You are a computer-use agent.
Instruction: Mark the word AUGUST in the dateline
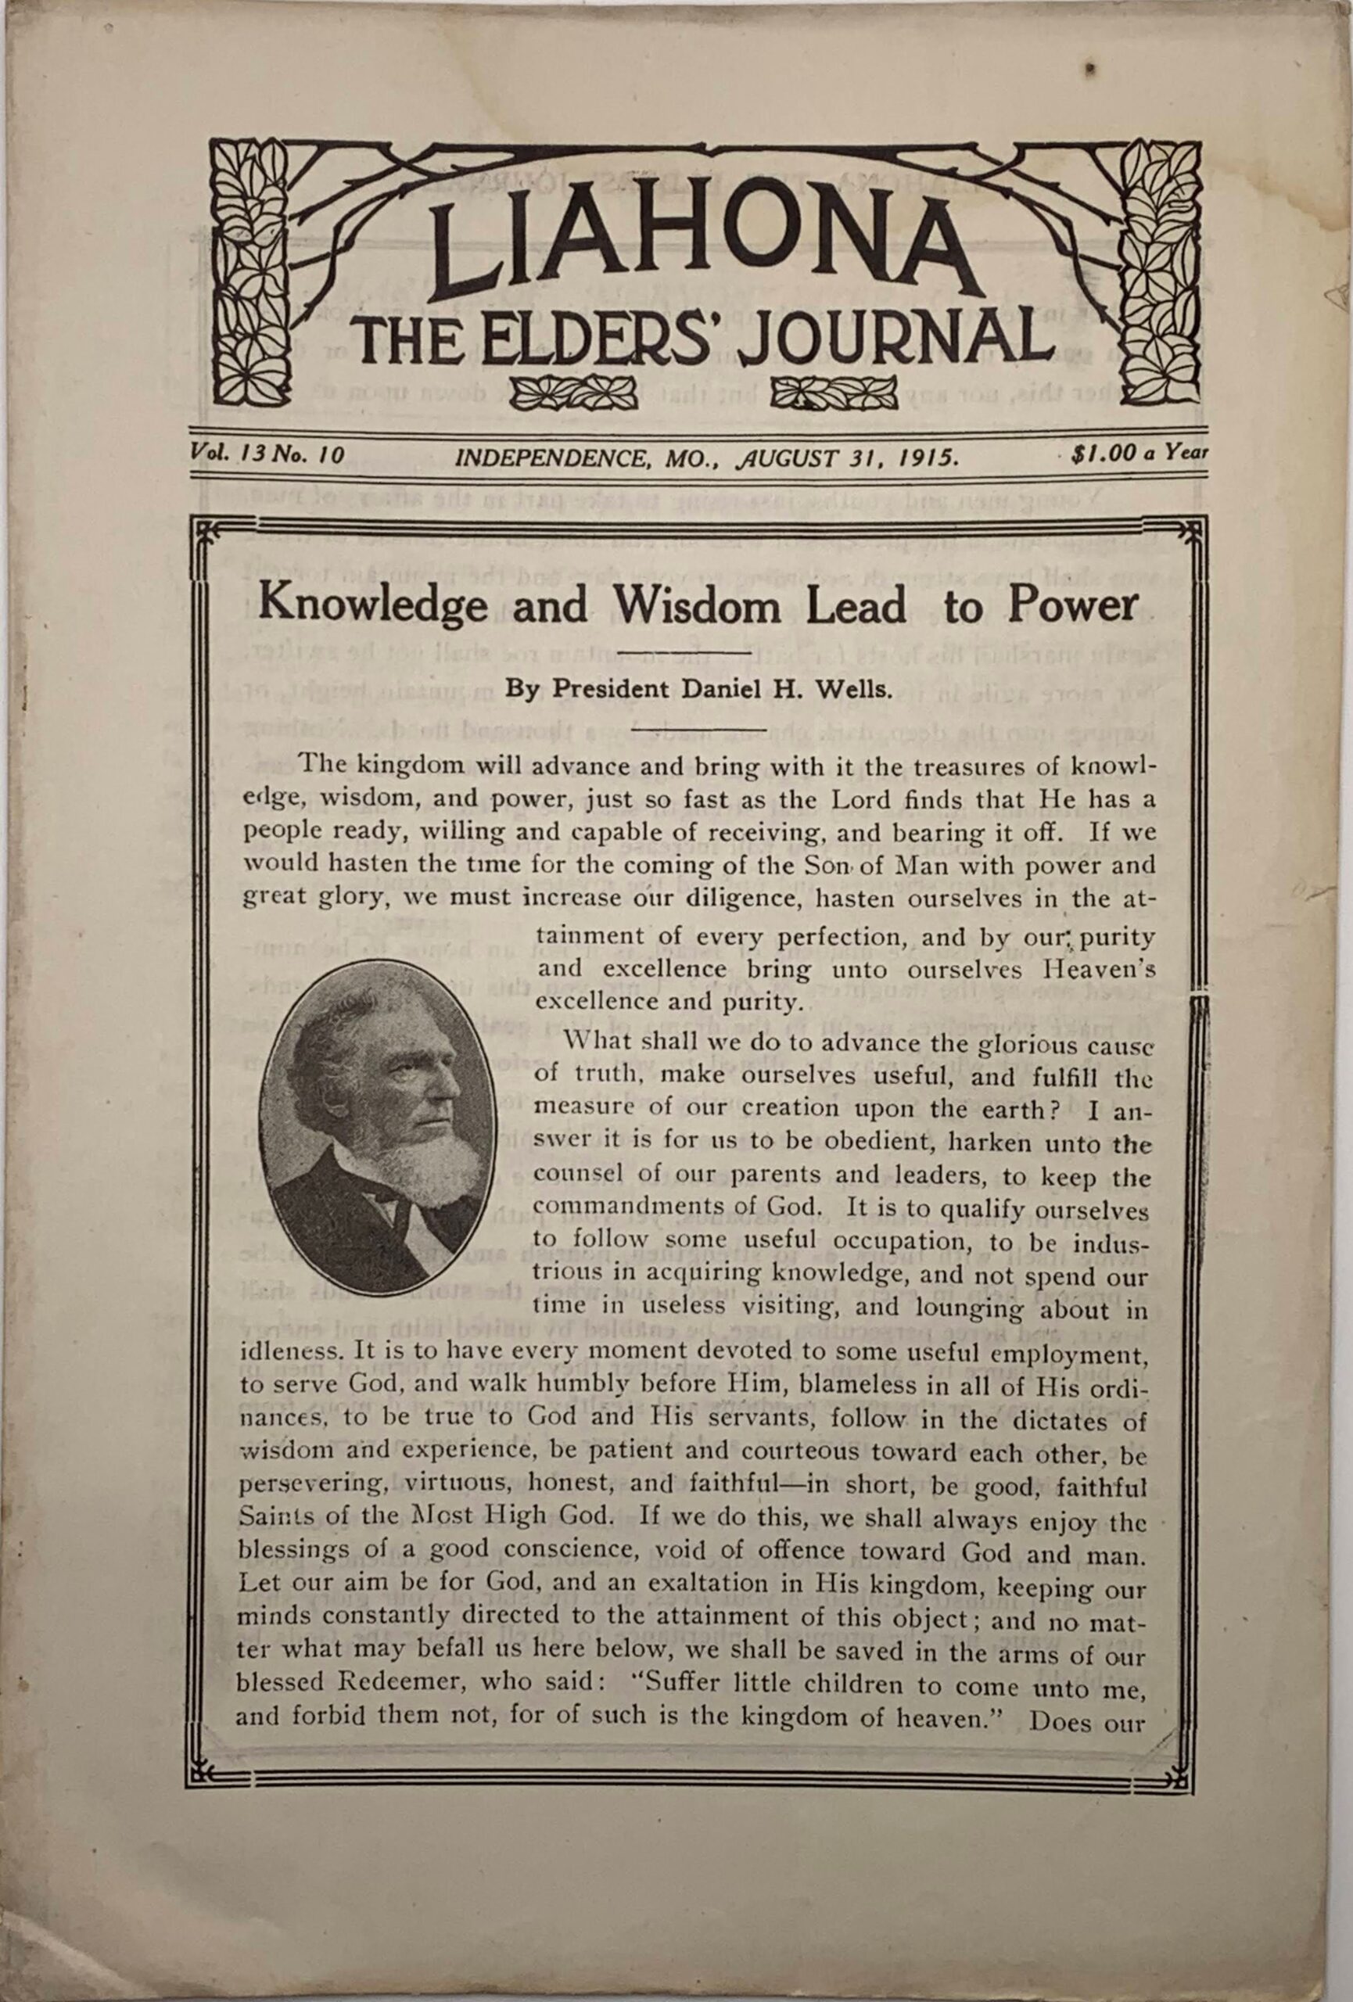788,457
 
